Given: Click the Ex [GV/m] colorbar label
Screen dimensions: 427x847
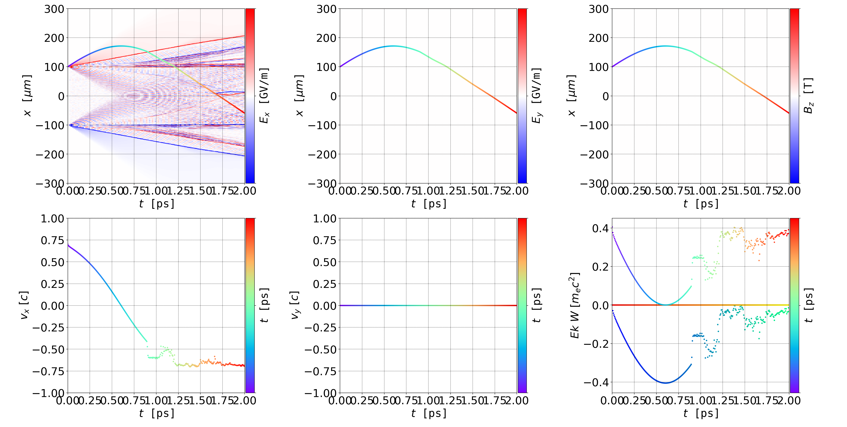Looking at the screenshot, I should click(264, 96).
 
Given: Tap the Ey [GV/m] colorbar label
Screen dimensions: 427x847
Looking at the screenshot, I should click(536, 96).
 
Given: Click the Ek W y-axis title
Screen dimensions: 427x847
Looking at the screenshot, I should click(574, 305).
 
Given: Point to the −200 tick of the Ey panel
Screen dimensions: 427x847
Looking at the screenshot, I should click(322, 154).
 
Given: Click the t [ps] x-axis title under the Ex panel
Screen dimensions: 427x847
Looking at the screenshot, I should click(156, 204).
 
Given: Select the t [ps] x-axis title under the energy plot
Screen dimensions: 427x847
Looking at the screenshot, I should click(701, 413).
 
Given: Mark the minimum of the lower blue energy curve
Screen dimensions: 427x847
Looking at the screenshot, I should click(665, 383).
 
